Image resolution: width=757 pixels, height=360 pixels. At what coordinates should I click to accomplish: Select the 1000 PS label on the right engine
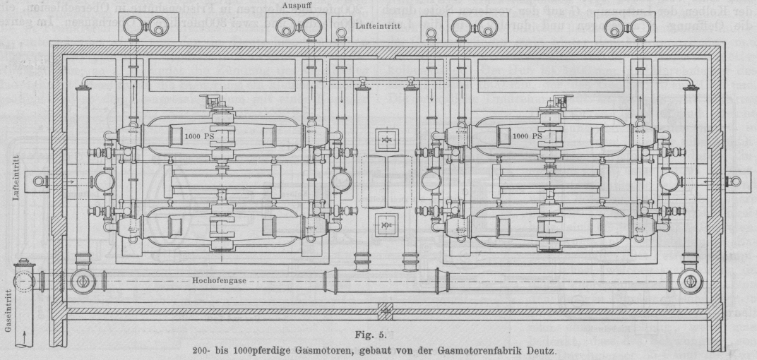[x=527, y=135]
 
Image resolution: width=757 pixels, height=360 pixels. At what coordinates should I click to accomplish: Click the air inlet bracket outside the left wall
[x=41, y=181]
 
